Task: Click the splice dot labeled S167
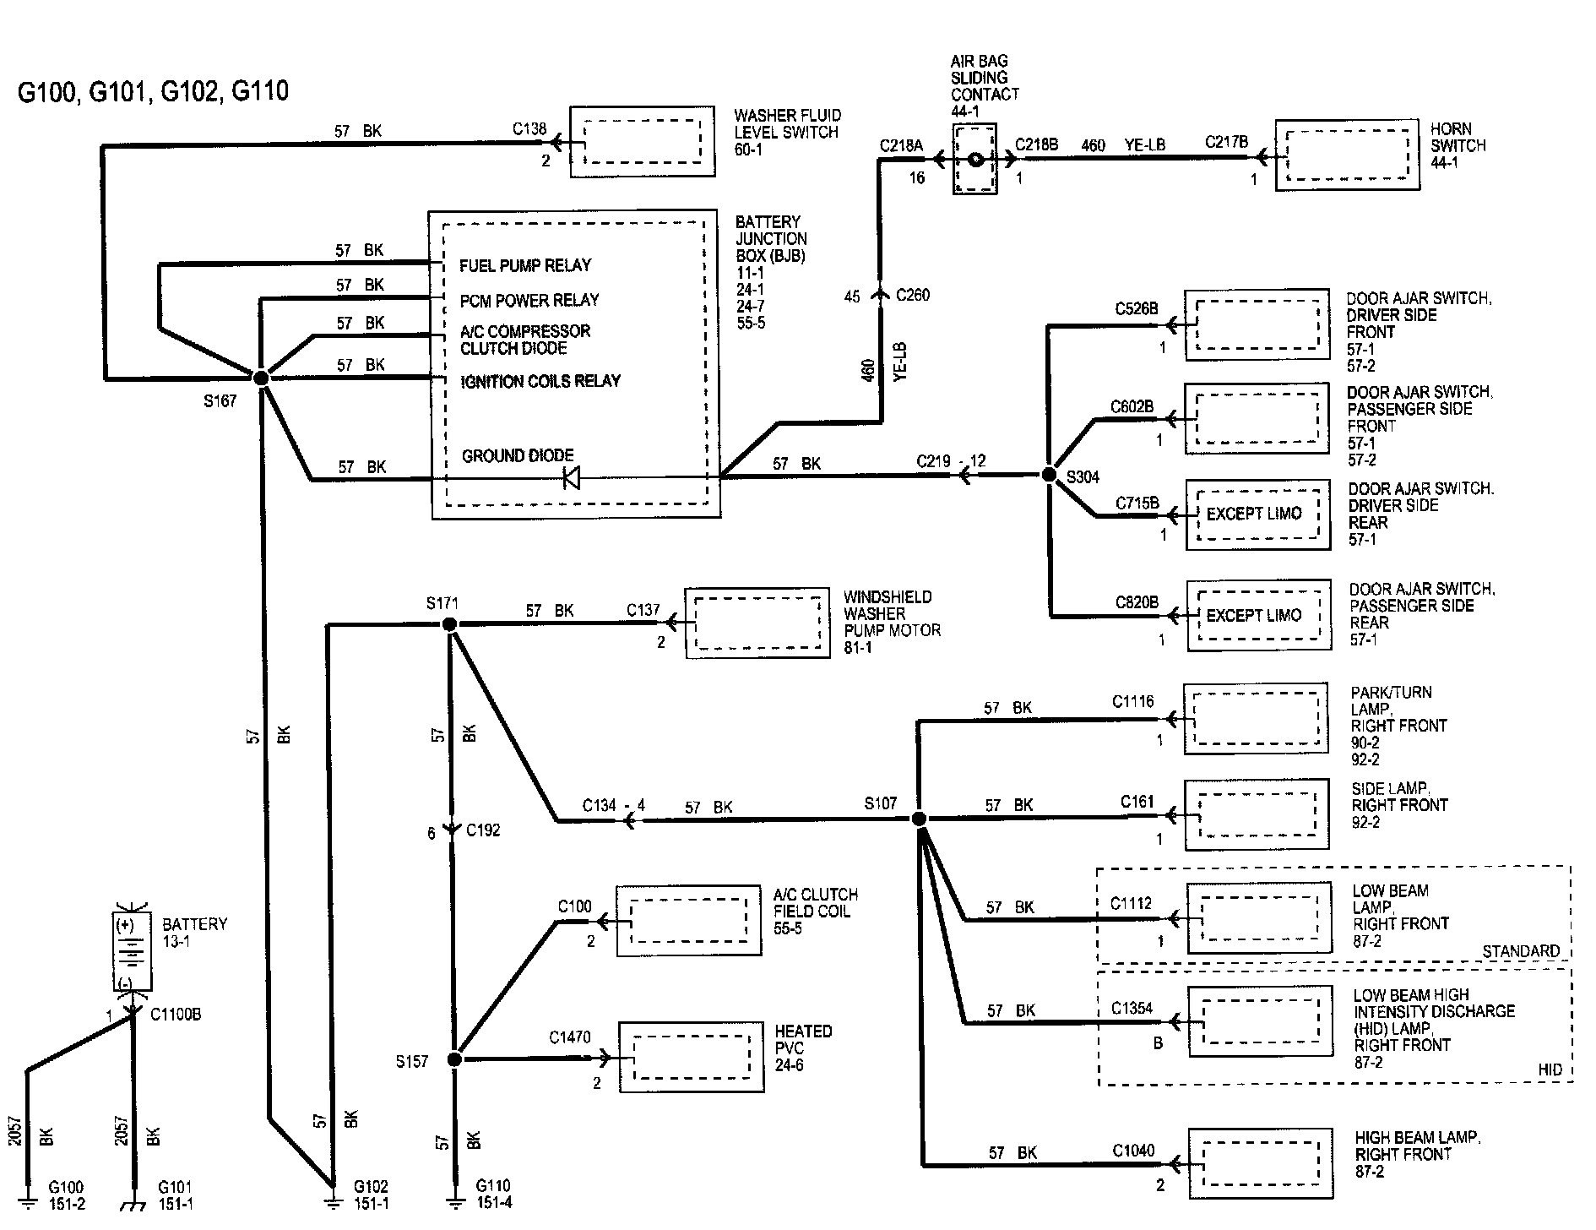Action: point(261,378)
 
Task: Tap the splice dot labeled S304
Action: point(1049,476)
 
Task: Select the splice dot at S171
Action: point(449,624)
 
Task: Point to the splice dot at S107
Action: point(920,819)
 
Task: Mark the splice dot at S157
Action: point(454,1059)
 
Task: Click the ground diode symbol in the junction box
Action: point(572,479)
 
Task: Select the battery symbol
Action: point(133,951)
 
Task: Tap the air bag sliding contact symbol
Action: point(975,159)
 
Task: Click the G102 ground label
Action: point(370,1187)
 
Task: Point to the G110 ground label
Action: point(493,1186)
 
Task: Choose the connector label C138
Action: point(529,129)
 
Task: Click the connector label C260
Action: point(914,295)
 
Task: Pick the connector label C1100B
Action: point(176,1015)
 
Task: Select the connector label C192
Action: point(483,830)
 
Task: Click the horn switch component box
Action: point(1347,155)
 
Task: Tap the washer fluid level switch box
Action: point(643,141)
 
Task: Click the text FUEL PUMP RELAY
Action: point(525,265)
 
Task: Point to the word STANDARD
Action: point(1522,951)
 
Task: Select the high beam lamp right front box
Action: point(1261,1163)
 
